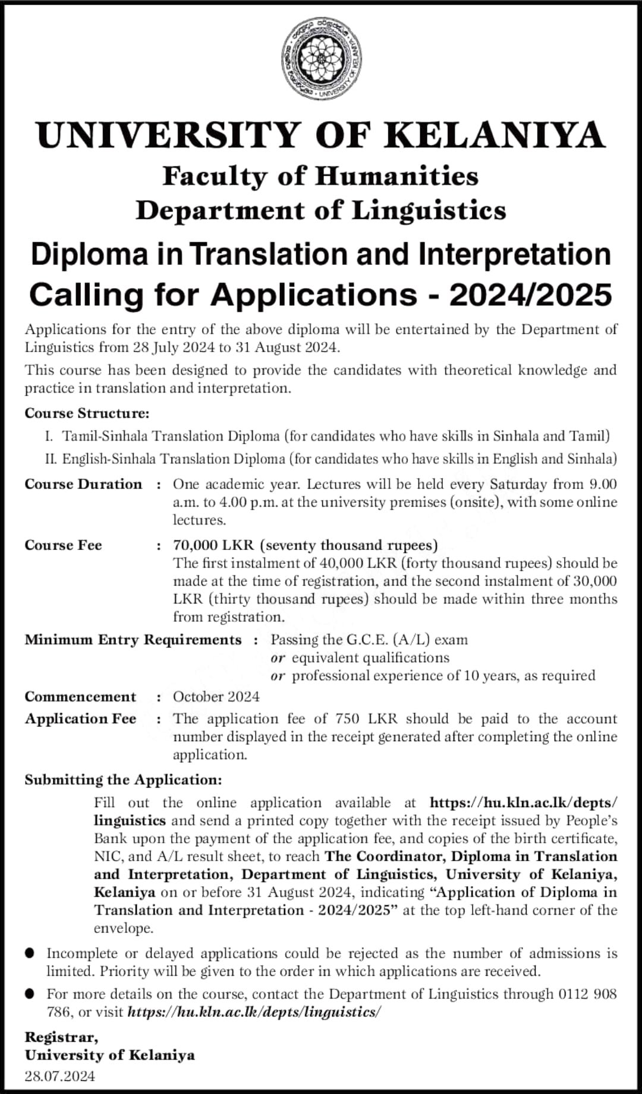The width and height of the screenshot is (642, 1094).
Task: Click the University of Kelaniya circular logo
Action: pyautogui.click(x=321, y=58)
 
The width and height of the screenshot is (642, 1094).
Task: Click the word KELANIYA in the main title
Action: pyautogui.click(x=495, y=135)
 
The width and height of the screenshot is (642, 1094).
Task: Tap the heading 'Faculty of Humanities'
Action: pyautogui.click(x=320, y=176)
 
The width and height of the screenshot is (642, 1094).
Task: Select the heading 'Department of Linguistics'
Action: pyautogui.click(x=321, y=211)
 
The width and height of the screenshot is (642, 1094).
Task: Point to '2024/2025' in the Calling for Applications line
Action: pyautogui.click(x=530, y=295)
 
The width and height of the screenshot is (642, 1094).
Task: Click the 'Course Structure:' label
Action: pyautogui.click(x=87, y=413)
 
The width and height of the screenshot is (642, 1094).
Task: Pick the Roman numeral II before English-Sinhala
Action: pyautogui.click(x=51, y=459)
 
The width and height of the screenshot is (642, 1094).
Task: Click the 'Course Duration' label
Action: pyautogui.click(x=83, y=485)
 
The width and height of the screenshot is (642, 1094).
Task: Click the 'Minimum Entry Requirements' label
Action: pyautogui.click(x=133, y=640)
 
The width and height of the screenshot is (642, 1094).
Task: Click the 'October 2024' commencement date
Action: pyautogui.click(x=216, y=697)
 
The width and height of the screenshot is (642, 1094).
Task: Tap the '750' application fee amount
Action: pyautogui.click(x=347, y=719)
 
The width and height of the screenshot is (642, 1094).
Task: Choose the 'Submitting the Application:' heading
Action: pyautogui.click(x=123, y=780)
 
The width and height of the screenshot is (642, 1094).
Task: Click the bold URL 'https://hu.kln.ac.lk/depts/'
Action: pyautogui.click(x=523, y=803)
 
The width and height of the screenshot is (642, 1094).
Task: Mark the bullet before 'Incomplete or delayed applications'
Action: pyautogui.click(x=30, y=953)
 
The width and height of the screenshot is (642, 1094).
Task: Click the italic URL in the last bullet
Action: pyautogui.click(x=254, y=1012)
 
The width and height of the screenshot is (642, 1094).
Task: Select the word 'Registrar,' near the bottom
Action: pyautogui.click(x=61, y=1038)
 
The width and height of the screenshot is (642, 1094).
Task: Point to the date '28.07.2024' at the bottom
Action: pyautogui.click(x=59, y=1076)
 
